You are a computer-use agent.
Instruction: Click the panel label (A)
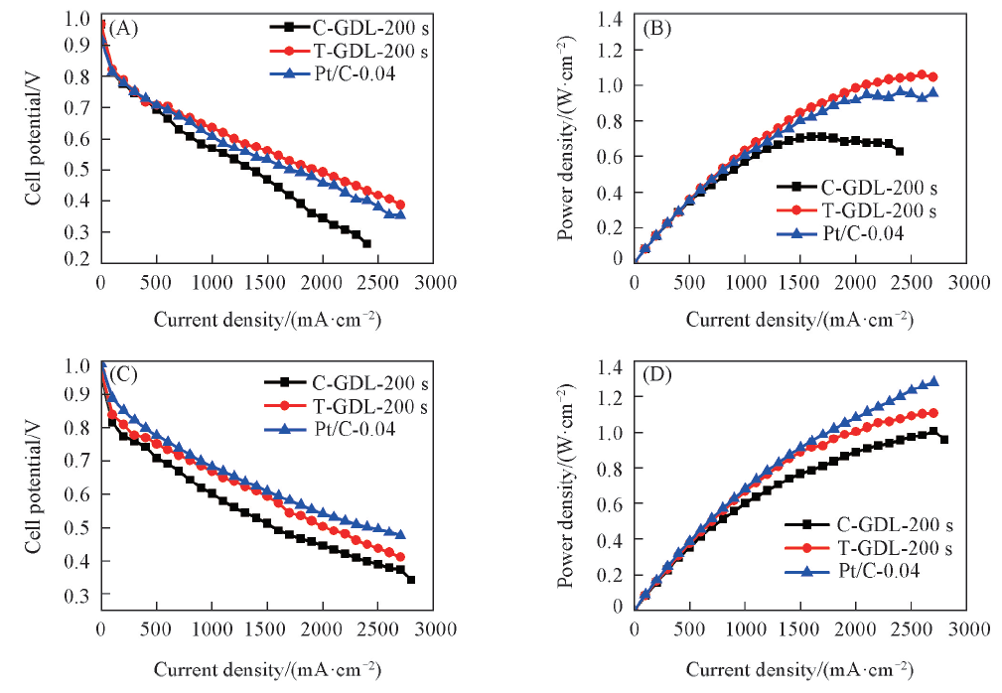[122, 28]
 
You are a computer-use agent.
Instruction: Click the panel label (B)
[658, 28]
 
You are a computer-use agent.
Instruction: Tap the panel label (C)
[122, 374]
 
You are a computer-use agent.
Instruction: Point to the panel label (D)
[658, 374]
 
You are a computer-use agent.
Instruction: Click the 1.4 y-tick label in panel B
[612, 19]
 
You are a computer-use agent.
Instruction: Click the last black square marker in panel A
[366, 243]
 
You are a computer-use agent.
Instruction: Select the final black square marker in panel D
[944, 439]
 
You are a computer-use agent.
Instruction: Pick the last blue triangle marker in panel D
[933, 381]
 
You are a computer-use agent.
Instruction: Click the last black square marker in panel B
[900, 151]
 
